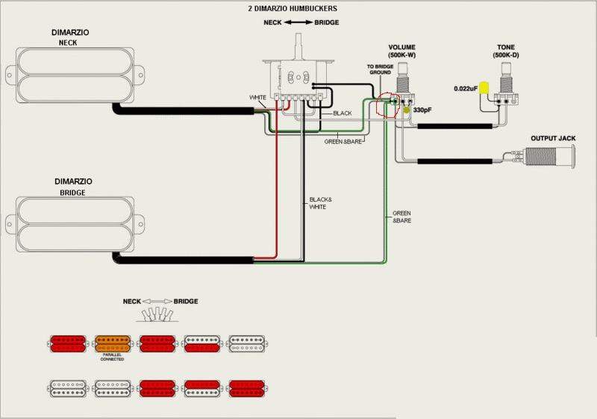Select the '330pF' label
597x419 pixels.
[x=423, y=111]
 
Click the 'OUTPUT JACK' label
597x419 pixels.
[x=552, y=139]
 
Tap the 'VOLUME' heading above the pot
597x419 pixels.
[x=401, y=47]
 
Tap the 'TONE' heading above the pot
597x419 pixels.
[x=505, y=47]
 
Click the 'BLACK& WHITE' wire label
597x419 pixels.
[x=318, y=202]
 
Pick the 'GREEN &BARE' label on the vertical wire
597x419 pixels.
[x=401, y=218]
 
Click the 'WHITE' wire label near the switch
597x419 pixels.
[x=257, y=98]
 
